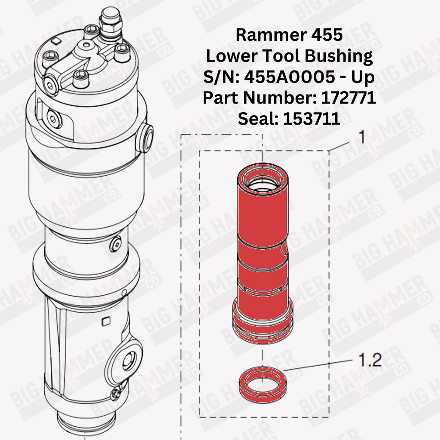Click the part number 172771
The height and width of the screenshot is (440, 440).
pos(348,98)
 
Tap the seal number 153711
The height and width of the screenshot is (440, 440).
pos(312,119)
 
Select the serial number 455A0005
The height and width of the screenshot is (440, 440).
pos(289,76)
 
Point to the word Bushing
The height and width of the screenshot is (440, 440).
pos(339,56)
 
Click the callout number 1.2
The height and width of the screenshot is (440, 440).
pos(370,360)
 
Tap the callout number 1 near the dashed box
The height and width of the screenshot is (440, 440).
pos(362,137)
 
